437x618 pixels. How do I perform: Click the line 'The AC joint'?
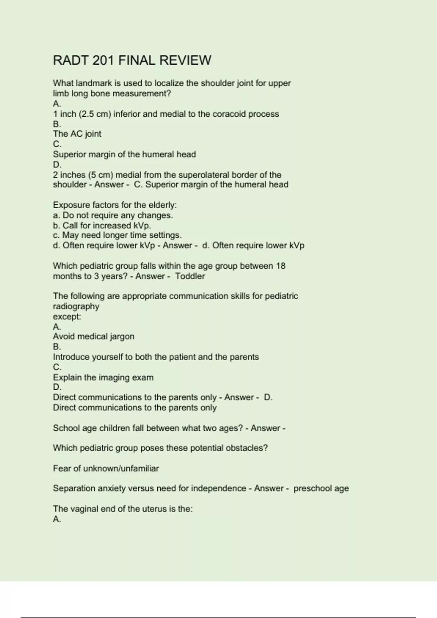click(77, 134)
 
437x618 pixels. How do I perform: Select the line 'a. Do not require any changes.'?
click(113, 215)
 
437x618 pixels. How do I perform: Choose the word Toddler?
click(190, 276)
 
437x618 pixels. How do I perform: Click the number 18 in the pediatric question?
click(280, 266)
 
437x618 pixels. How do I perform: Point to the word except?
click(67, 317)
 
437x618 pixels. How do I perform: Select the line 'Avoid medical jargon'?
click(94, 337)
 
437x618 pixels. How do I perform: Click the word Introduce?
click(71, 357)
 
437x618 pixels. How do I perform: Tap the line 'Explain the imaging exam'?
click(103, 377)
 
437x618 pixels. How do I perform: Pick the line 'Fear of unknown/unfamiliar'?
click(106, 468)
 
